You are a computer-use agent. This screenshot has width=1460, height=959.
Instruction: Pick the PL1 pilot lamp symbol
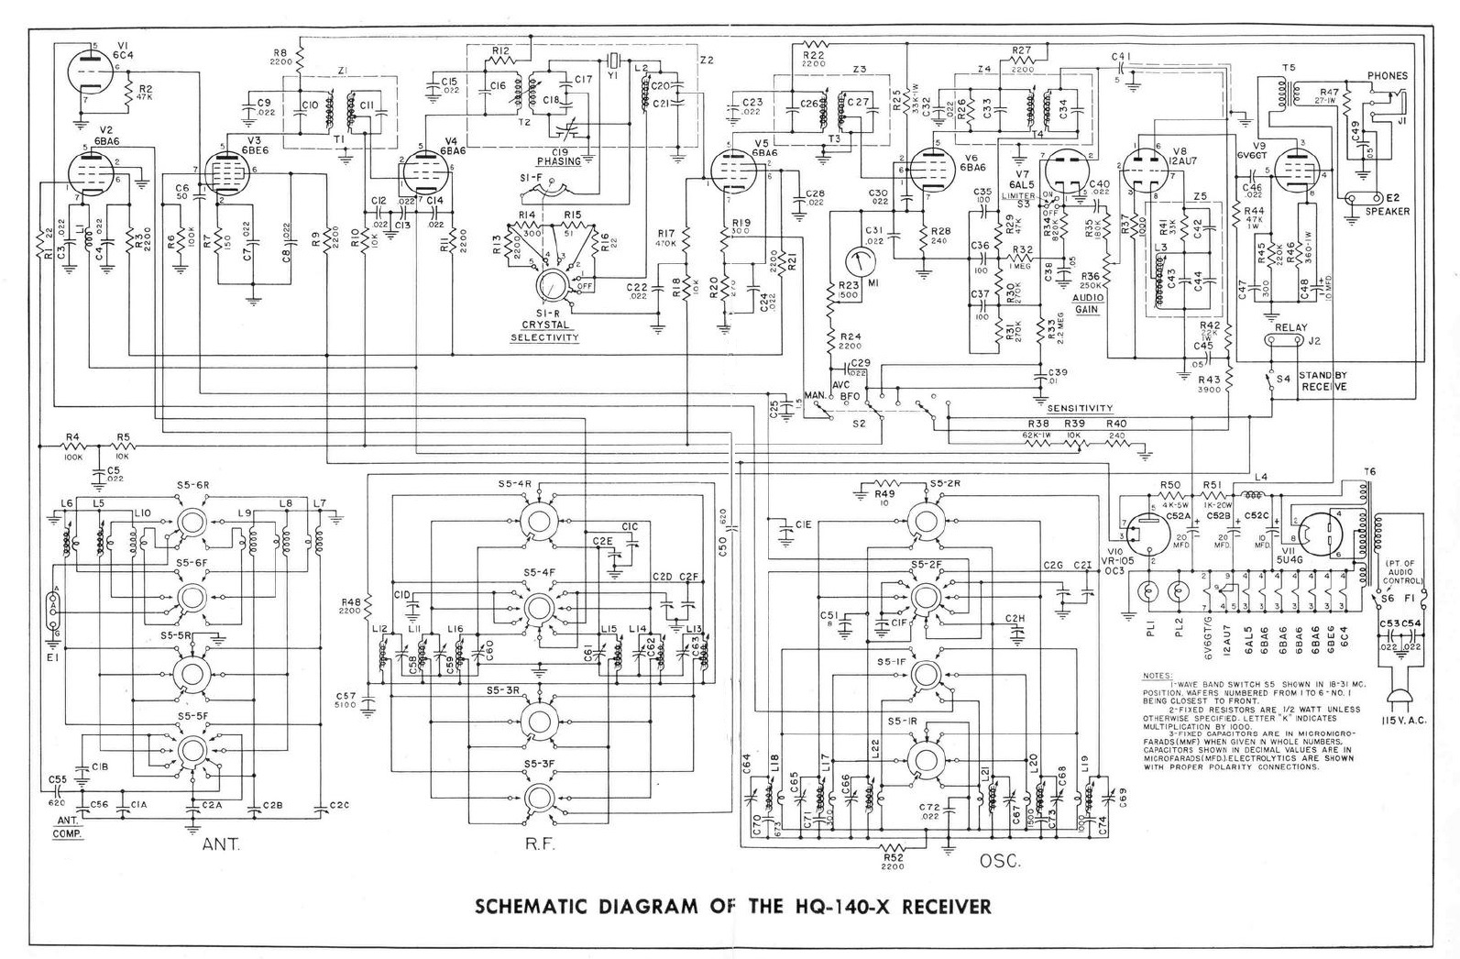click(x=1143, y=592)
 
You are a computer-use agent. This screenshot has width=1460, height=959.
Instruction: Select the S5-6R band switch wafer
click(x=193, y=520)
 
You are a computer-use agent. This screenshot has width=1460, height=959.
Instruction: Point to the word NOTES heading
click(x=1157, y=677)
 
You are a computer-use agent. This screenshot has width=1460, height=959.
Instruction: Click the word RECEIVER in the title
click(x=947, y=908)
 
